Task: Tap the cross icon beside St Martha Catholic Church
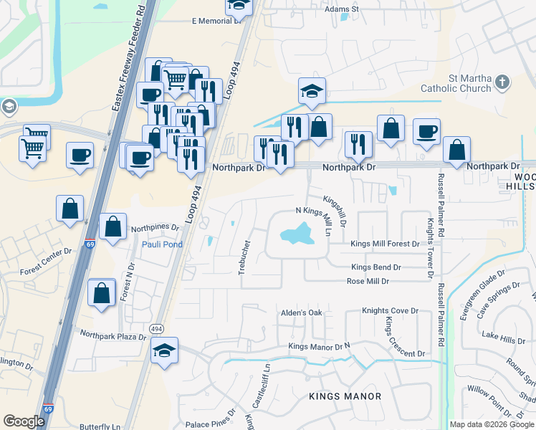point(502,82)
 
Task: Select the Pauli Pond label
point(162,244)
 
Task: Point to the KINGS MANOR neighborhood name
point(345,396)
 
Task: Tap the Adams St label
point(341,9)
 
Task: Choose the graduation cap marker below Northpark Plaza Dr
point(165,351)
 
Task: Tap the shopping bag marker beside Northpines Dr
point(113,227)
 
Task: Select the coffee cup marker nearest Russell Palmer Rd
point(426,132)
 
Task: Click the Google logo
point(24,421)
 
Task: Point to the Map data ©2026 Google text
point(492,424)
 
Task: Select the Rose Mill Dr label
point(368,282)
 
